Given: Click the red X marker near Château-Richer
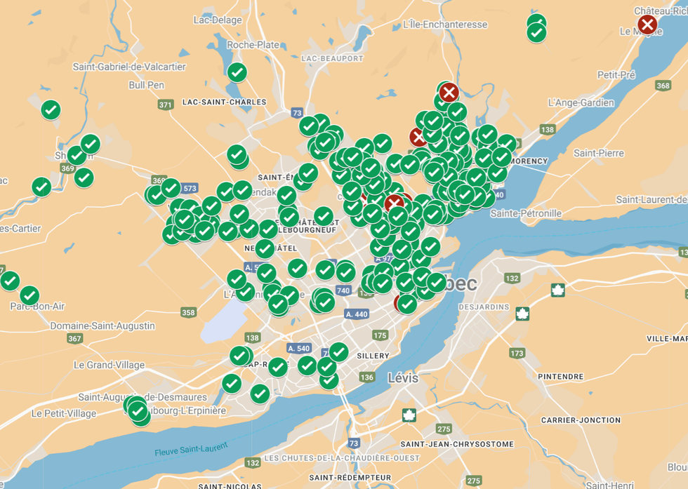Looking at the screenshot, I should (x=647, y=25).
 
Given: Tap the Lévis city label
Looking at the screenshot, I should (x=403, y=378).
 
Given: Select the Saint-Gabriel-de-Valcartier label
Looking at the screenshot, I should (x=129, y=67).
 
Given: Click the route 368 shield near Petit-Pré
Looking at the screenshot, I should (x=662, y=86).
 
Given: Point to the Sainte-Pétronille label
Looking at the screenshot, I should (x=526, y=213).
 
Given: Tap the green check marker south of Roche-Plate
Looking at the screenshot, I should (x=237, y=72).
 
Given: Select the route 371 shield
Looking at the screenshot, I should (x=166, y=105).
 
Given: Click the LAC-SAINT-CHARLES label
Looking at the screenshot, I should (x=224, y=102).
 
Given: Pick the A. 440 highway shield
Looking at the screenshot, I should (x=357, y=314).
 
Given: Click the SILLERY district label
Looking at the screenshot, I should (x=373, y=356).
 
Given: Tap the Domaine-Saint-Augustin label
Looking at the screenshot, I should (x=102, y=326).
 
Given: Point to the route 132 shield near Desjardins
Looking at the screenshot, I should (x=512, y=279).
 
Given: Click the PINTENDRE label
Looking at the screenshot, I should (x=561, y=377).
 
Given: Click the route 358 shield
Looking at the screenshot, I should (x=188, y=312).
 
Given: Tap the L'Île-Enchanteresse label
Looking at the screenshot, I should (x=445, y=25).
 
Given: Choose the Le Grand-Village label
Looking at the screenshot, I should (x=110, y=365).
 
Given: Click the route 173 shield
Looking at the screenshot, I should (x=517, y=353).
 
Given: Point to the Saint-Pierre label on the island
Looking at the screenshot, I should (x=599, y=153).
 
